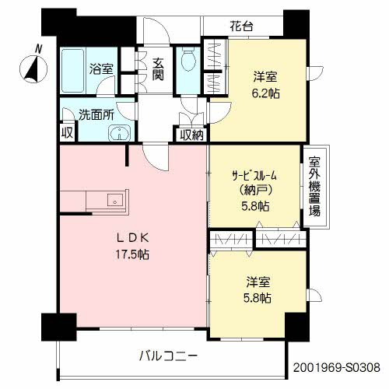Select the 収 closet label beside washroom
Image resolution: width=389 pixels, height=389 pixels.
tap(68, 133)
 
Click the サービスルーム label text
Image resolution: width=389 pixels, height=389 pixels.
tap(254, 176)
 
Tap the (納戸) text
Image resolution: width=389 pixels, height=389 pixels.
tap(254, 191)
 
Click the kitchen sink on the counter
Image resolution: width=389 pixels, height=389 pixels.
tap(115, 201)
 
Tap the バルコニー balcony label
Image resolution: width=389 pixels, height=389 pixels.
tap(168, 356)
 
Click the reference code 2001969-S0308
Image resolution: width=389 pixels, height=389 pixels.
tap(337, 366)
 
